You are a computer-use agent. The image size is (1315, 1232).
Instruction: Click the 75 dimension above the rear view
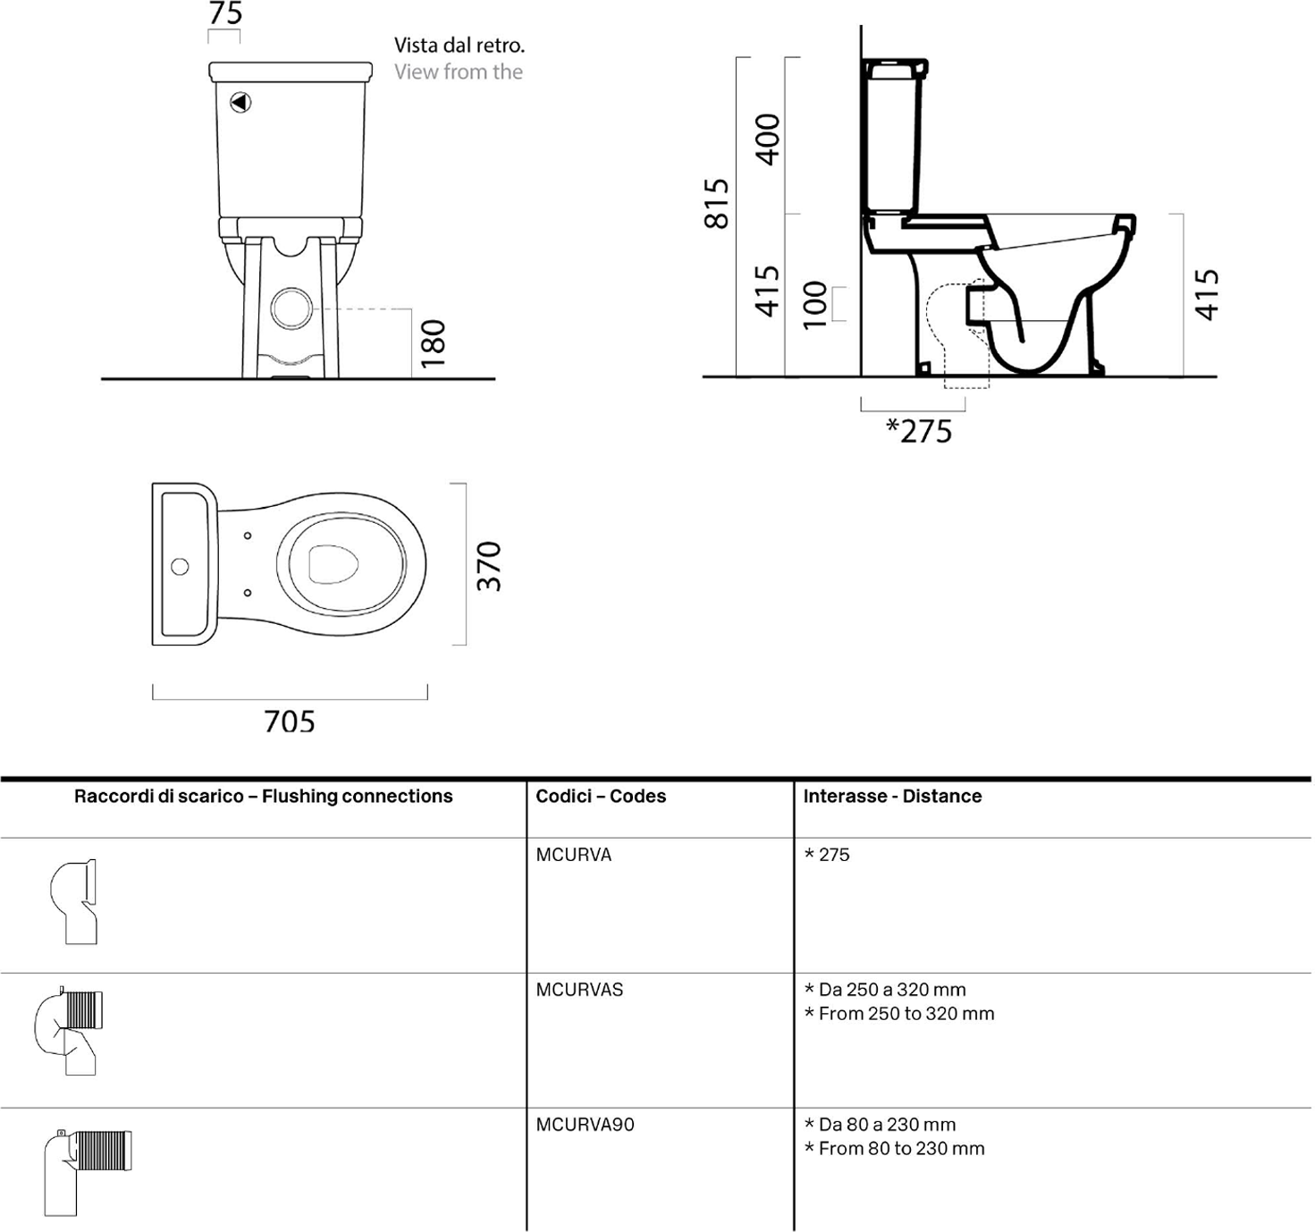coord(225,13)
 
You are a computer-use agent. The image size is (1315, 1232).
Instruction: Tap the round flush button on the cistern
coord(241,103)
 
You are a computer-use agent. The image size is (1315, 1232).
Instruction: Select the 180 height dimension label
coord(434,343)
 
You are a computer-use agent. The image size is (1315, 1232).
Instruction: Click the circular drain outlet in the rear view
coord(291,308)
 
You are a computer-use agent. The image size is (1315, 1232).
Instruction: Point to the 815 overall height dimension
coord(716,203)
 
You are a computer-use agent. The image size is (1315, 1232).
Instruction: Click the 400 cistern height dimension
coord(768,139)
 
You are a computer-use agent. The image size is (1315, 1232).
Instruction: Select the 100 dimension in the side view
coord(815,305)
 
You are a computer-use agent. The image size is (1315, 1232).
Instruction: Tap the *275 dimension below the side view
coord(919,431)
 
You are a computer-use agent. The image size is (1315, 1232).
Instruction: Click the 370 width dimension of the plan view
coord(489,566)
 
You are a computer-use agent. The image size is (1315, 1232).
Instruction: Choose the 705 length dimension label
coord(290,721)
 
